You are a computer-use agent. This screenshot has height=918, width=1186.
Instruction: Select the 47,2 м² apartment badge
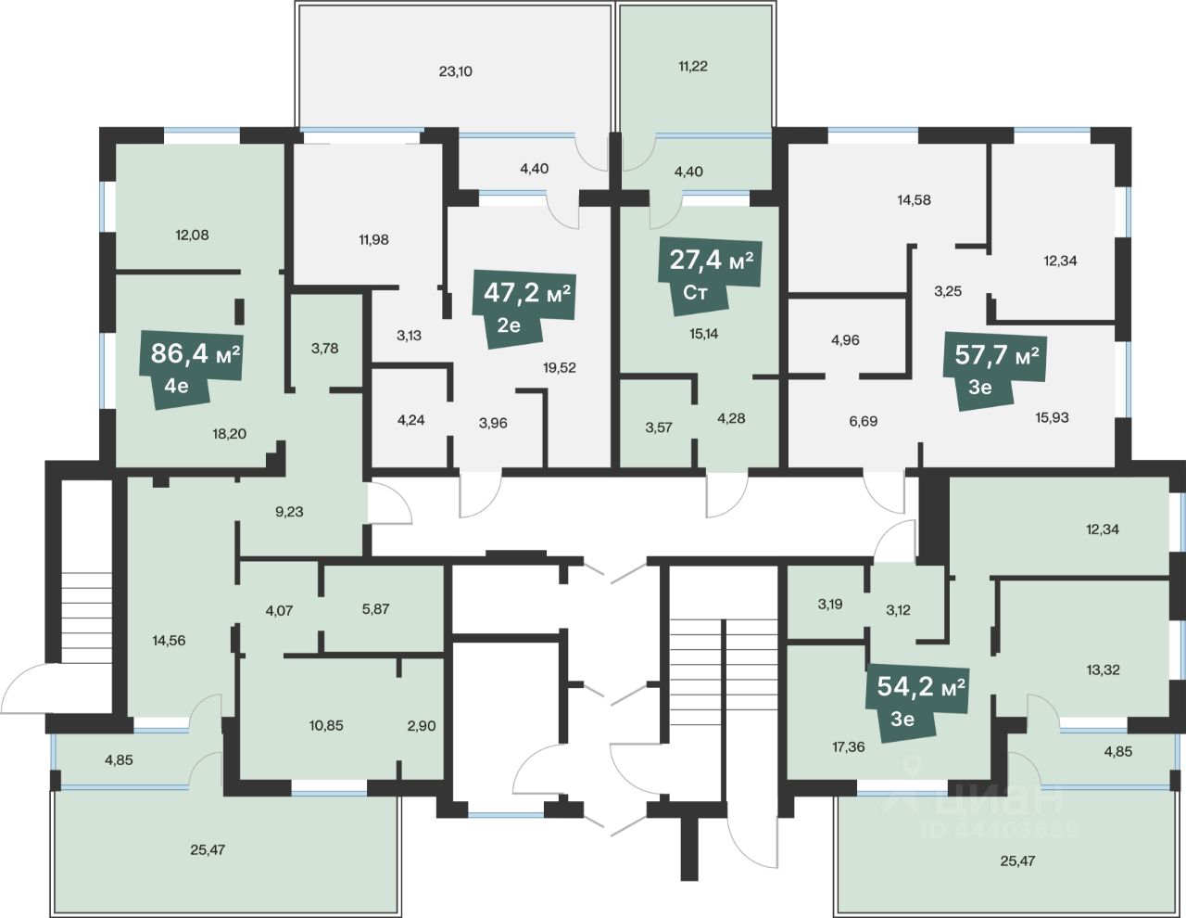[x=524, y=307]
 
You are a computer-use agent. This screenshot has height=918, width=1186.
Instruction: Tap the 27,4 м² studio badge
[x=710, y=274]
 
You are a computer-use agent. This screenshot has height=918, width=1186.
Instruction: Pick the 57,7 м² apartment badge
[x=995, y=369]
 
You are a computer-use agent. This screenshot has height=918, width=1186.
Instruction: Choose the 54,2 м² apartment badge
[x=917, y=701]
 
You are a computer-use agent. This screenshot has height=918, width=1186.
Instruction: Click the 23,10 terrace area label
[x=456, y=71]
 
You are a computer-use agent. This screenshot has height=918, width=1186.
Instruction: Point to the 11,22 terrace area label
[x=693, y=66]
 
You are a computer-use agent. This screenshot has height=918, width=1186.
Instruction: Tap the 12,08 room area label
[x=192, y=235]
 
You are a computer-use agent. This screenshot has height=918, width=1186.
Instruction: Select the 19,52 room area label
[x=560, y=367]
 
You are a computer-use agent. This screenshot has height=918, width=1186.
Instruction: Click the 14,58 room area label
[x=915, y=200]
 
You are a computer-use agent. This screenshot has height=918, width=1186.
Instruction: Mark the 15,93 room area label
[x=1053, y=417]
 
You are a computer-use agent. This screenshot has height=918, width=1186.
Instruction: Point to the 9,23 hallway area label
[x=289, y=512]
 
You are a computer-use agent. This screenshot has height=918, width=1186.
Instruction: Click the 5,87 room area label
[x=375, y=608]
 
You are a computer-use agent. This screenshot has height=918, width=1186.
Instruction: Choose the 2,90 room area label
[x=422, y=726]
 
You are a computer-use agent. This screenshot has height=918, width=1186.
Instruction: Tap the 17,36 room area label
[x=849, y=746]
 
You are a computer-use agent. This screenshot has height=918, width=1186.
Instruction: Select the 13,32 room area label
[x=1103, y=669]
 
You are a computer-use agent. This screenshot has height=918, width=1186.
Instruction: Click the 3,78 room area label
[x=324, y=348]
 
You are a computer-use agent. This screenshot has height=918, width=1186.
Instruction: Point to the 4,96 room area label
[x=845, y=339]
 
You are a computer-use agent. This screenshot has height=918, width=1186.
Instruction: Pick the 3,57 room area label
[x=659, y=427]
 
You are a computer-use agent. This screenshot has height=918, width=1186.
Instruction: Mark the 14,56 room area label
[x=170, y=640]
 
